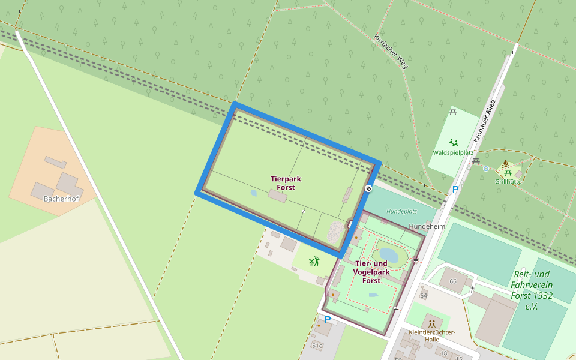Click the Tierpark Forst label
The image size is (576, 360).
(x=286, y=183)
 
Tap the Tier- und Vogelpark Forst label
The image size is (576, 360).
(x=371, y=272)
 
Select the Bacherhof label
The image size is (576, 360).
(x=61, y=199)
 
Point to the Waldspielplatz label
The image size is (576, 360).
(x=453, y=152)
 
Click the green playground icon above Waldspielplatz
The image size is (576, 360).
(x=454, y=142)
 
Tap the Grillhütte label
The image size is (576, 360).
(x=508, y=181)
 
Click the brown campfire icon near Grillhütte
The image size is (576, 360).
(x=506, y=164)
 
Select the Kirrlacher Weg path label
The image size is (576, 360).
(x=391, y=51)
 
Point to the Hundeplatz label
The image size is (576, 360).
(x=401, y=211)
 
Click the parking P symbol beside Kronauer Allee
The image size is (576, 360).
(x=455, y=190)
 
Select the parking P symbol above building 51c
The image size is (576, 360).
(x=328, y=320)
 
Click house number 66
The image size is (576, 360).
(x=453, y=281)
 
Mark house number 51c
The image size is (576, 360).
(x=317, y=346)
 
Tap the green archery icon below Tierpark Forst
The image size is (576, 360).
(x=313, y=261)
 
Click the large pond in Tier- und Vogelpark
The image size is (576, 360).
(x=389, y=255)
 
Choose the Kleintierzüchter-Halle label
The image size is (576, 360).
(x=431, y=336)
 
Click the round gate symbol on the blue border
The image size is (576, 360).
(x=368, y=188)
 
